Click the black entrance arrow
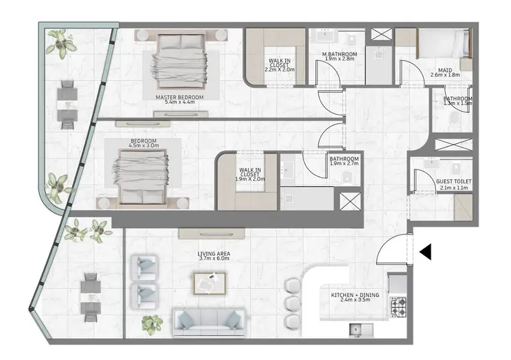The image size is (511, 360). tap(426, 252)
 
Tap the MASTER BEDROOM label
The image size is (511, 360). tap(179, 97)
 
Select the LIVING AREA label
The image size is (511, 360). tap(214, 254)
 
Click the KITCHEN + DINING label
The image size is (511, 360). tap(355, 295)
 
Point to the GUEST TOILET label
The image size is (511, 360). tap(453, 182)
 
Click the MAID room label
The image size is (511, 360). tap(445, 70)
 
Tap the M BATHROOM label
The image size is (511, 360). tap(339, 54)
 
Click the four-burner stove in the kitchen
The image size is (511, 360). tap(398, 307)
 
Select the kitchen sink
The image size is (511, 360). tap(362, 329)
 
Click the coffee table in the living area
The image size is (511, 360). tap(209, 283)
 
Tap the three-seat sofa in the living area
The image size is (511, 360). tap(209, 323)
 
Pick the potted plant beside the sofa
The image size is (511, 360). tap(152, 324)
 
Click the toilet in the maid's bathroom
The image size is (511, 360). tap(453, 121)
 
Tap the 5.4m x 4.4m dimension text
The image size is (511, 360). tap(179, 102)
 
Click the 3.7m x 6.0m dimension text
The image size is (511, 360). tap(214, 259)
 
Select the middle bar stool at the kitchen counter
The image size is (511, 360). tap(292, 304)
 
